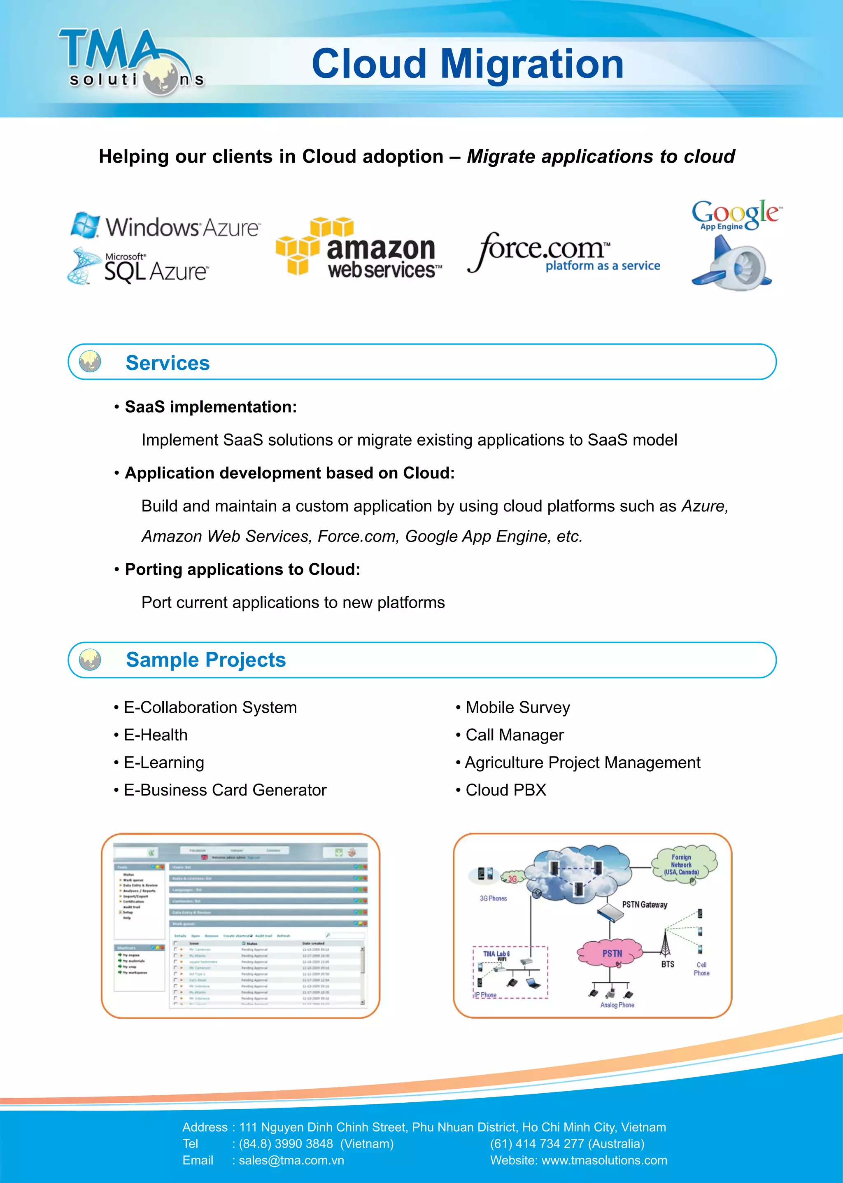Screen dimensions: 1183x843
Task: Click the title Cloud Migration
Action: click(467, 64)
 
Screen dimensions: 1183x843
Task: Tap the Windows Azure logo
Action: click(166, 226)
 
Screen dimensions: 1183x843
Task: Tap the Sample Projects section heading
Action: click(205, 660)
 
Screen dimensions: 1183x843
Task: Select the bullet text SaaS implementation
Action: click(211, 407)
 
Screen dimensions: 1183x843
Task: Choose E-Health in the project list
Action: click(156, 735)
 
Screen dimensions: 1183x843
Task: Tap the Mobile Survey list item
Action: click(517, 708)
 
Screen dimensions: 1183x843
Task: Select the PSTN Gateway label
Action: click(645, 905)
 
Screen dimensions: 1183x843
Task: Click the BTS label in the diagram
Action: click(668, 964)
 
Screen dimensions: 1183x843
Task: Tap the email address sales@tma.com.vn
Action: click(291, 1161)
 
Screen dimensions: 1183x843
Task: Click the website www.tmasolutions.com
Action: click(604, 1161)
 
